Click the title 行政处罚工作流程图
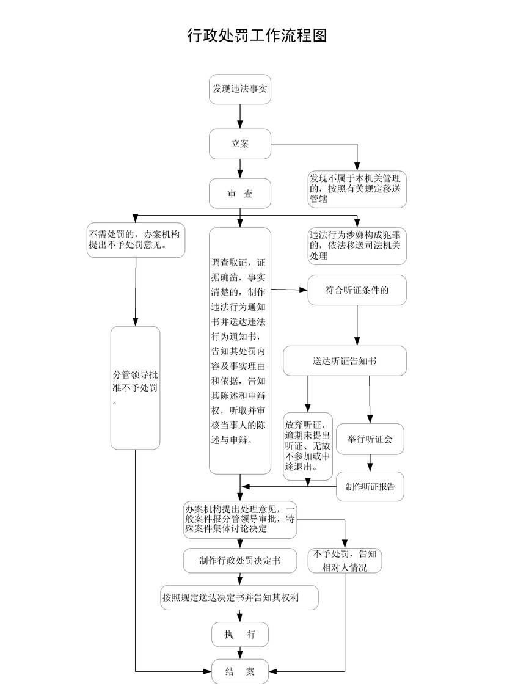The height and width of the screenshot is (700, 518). (x=257, y=35)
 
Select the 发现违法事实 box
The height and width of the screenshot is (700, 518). (x=240, y=89)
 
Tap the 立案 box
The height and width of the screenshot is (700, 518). (x=240, y=144)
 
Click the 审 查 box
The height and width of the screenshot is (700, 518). (x=240, y=193)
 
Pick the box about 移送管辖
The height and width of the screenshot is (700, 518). (x=357, y=189)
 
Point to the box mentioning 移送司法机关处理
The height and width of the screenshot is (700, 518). (x=357, y=246)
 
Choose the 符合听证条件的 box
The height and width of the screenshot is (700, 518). (x=357, y=290)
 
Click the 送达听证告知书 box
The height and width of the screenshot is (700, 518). (x=345, y=361)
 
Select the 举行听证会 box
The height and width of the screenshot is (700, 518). (x=370, y=439)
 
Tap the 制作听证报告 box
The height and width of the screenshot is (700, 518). (x=370, y=487)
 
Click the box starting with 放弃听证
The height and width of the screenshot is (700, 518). (x=308, y=446)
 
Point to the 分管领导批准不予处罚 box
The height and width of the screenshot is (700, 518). (x=136, y=387)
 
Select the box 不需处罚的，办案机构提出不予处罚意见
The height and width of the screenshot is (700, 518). (x=136, y=240)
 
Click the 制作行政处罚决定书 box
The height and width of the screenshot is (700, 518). (x=240, y=561)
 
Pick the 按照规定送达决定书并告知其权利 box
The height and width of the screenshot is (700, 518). (x=239, y=597)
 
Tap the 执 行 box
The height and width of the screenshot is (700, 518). (x=240, y=635)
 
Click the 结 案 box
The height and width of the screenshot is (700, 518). (x=240, y=671)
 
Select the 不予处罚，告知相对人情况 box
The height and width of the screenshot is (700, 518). (x=345, y=561)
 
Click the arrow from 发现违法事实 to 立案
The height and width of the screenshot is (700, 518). (x=240, y=117)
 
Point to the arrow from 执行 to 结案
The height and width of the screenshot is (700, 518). (x=240, y=653)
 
